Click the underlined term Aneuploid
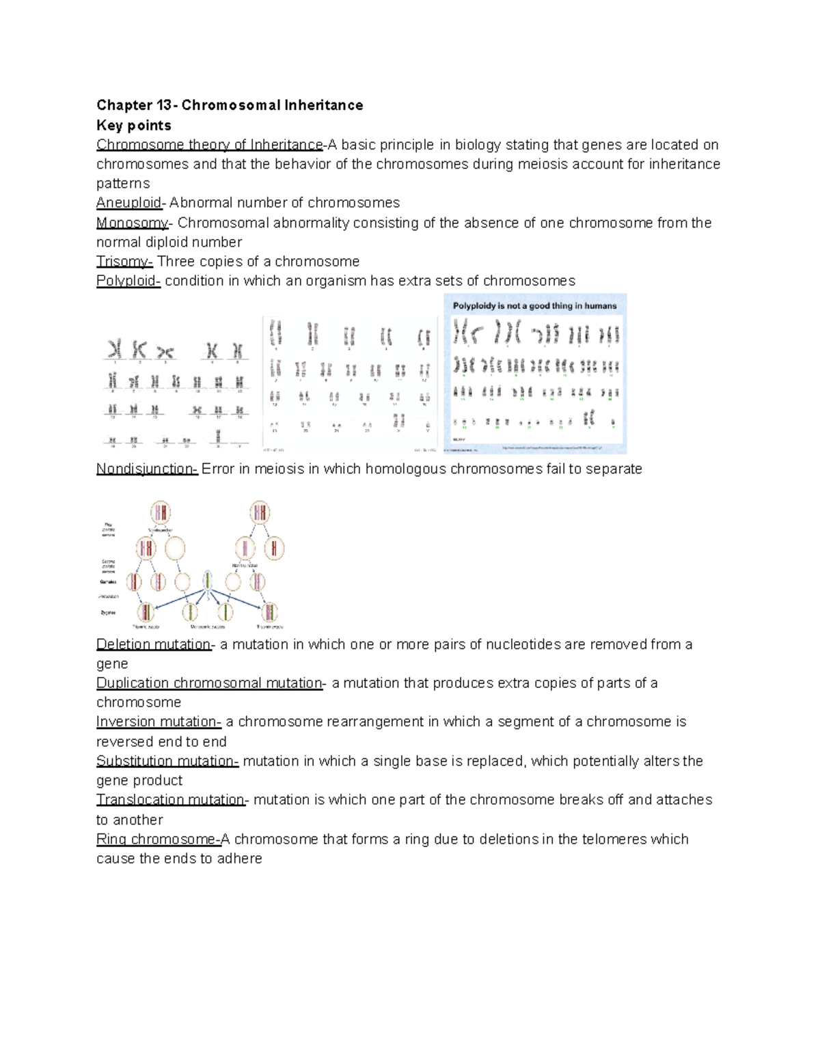point(129,203)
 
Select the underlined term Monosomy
point(132,223)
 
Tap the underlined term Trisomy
point(124,262)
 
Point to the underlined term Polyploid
point(128,281)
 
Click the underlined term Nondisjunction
point(146,469)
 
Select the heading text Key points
point(133,125)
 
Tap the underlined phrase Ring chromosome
point(156,839)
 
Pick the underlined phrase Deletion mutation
point(153,644)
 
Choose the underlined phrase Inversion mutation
point(158,721)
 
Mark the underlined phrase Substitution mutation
point(167,761)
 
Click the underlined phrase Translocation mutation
point(171,799)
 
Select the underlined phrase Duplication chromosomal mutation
point(209,683)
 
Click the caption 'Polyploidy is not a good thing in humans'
point(534,306)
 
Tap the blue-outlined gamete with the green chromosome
point(207,581)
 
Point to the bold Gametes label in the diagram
point(109,582)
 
